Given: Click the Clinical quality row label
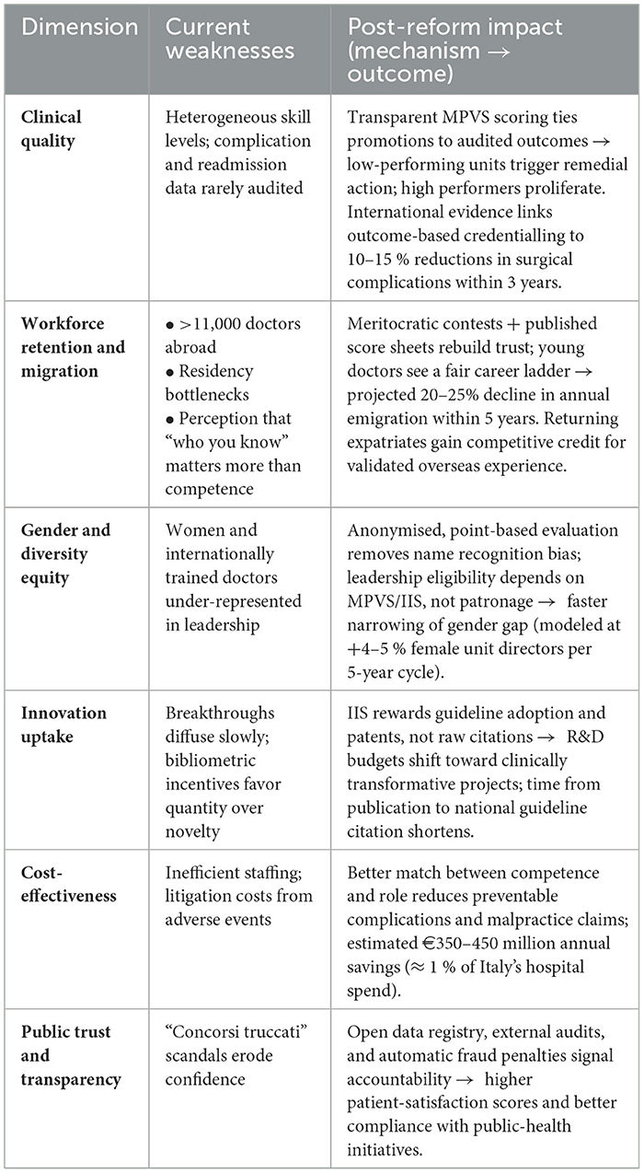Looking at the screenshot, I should pos(52,129).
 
